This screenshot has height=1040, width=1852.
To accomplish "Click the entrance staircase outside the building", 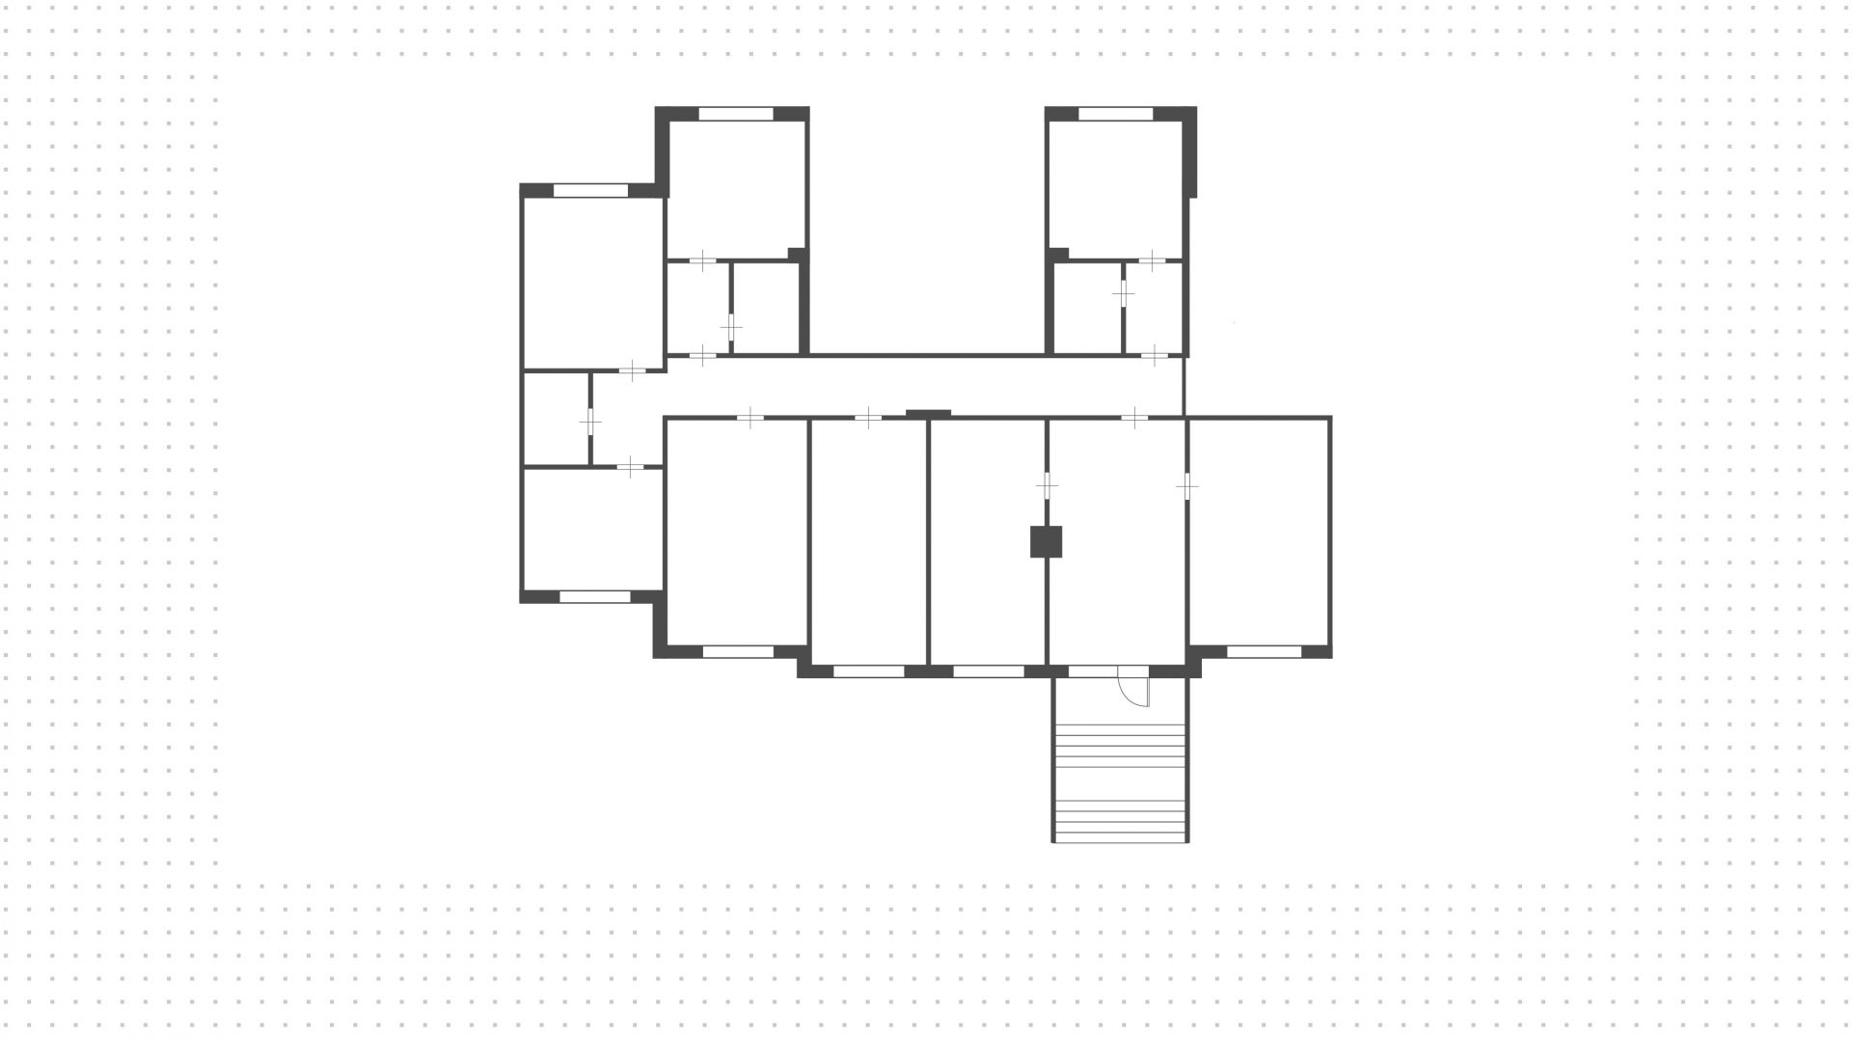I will (x=1120, y=781).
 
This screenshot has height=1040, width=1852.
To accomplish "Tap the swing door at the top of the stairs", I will (x=1134, y=687).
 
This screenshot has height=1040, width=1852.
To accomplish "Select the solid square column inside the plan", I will (x=1046, y=541).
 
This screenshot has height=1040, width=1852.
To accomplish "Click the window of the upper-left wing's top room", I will (x=735, y=114).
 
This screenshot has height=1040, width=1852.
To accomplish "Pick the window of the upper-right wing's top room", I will (x=1115, y=114).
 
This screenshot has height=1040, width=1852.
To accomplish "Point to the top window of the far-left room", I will (x=590, y=191).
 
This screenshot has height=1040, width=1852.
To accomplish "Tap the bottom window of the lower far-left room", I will (x=595, y=597).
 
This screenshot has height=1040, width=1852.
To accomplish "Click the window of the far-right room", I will (x=1264, y=652).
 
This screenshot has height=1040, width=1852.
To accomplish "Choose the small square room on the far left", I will (x=556, y=419).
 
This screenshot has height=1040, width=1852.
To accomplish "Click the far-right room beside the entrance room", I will (x=1259, y=531).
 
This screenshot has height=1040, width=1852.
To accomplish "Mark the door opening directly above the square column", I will (x=1047, y=485).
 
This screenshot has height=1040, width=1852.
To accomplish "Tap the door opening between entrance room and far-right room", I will (x=1187, y=487).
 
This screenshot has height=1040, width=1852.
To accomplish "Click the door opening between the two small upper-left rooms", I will (x=731, y=327).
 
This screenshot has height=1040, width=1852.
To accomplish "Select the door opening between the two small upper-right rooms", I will (x=1124, y=292).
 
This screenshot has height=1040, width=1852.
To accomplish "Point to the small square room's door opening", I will (x=590, y=422).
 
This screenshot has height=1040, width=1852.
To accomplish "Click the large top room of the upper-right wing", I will (x=1115, y=188).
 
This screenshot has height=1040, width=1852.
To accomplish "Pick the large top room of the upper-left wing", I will (x=736, y=188).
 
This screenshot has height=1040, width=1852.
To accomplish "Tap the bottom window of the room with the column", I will (x=988, y=671).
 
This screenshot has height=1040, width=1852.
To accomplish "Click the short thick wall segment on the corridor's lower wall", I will (x=928, y=414).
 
